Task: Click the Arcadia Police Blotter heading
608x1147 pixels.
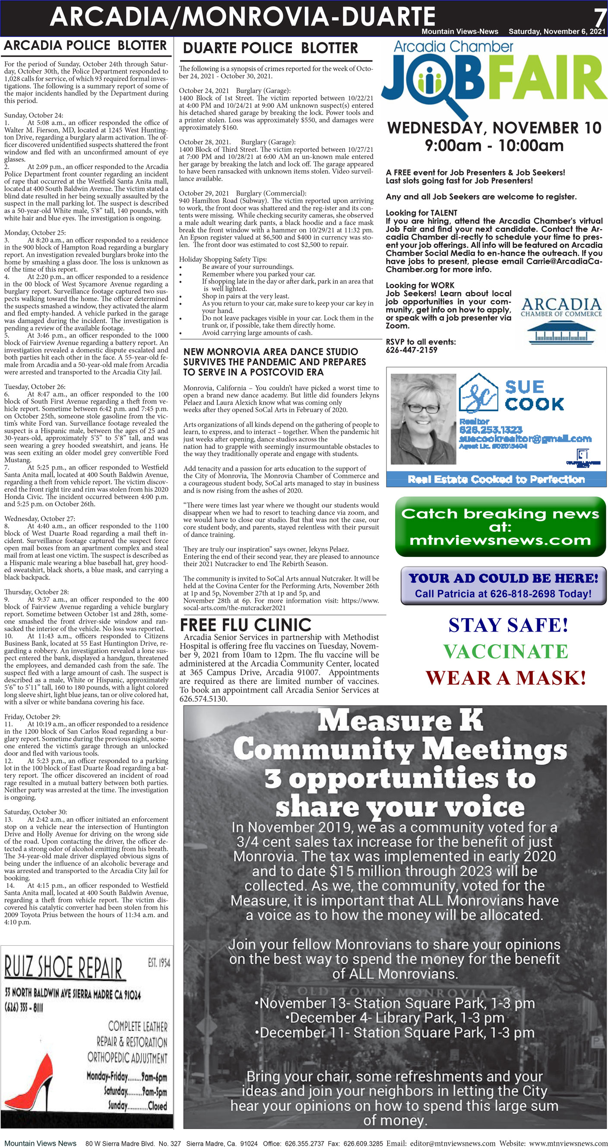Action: click(85, 45)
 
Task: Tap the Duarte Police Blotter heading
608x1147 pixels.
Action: click(270, 48)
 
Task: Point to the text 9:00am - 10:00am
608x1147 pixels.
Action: click(494, 146)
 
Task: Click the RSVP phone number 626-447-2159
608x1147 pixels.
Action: click(412, 350)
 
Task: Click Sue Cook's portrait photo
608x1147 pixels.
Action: click(423, 419)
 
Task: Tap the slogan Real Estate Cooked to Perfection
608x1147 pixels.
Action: click(496, 479)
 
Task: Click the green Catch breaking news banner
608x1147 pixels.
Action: click(500, 527)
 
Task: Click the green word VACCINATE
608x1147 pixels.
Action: click(505, 651)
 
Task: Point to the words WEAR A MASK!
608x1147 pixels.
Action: click(505, 678)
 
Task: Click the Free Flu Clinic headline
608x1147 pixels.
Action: click(245, 625)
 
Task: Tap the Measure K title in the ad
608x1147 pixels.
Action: click(399, 720)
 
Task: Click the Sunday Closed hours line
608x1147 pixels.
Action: click(138, 1106)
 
